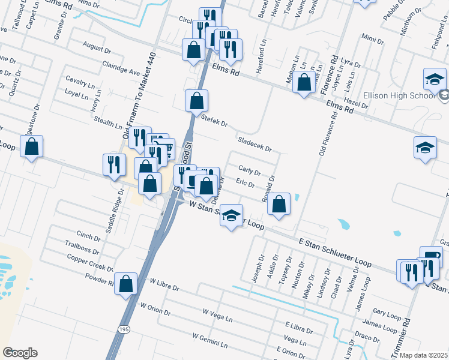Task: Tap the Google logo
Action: coord(20,353)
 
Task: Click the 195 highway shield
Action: coord(122,329)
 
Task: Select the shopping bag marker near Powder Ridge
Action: coord(125,284)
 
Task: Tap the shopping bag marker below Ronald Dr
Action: coord(279,204)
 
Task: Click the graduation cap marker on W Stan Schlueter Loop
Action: coord(231,216)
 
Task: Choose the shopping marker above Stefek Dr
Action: coord(196,101)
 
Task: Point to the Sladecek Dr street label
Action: coord(255,143)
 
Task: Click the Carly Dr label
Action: coord(249,170)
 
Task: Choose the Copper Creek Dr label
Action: coord(90,263)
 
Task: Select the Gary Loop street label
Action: coord(387,312)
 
